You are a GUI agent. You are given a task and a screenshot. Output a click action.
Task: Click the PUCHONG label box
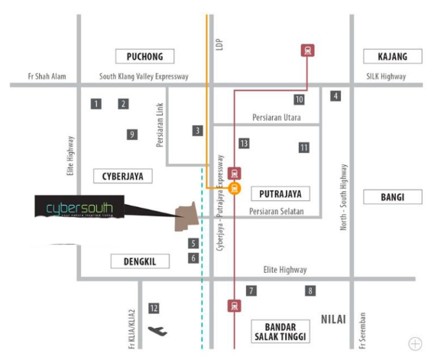144,56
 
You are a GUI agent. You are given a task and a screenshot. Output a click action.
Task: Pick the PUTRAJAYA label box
280,193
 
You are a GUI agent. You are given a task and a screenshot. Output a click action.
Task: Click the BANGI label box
391,197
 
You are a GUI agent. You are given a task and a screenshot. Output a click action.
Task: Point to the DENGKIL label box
139,261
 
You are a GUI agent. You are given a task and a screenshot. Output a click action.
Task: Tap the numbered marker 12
154,308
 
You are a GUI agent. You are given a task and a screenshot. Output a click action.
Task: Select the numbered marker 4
335,96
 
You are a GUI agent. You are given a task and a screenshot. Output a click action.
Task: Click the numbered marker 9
132,135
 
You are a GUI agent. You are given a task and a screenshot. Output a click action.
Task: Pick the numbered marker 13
244,143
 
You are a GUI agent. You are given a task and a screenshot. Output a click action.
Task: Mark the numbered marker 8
310,290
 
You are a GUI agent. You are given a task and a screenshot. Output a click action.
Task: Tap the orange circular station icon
235,189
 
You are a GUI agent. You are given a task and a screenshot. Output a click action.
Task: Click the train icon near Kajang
307,51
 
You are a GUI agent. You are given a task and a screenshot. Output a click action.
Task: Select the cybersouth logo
79,208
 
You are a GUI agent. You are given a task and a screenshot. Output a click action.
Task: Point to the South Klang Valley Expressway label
144,76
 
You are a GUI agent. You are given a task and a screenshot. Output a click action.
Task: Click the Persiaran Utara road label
277,118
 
